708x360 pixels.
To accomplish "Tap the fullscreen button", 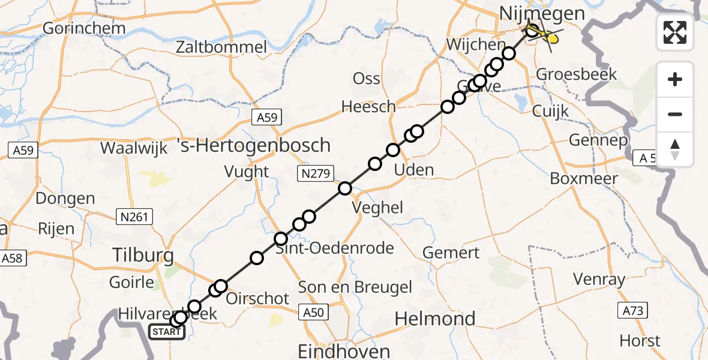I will point(675,32).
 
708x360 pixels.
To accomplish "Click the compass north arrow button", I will point(675,149).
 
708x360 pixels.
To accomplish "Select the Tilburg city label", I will point(143,256).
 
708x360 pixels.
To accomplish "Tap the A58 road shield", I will point(13,259).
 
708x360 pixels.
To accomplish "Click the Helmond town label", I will point(435,318).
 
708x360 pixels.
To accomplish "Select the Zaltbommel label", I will point(222,47).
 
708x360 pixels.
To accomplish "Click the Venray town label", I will point(598,279).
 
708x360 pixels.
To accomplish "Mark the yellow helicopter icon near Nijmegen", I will point(551,38).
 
